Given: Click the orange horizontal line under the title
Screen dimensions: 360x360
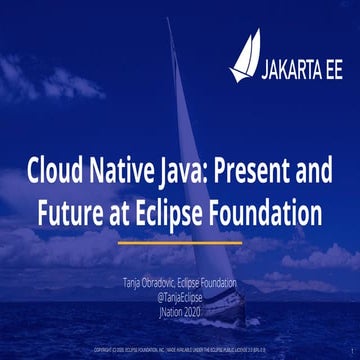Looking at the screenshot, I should [x=180, y=241].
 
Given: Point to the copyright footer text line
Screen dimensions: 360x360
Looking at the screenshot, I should [x=180, y=351].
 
